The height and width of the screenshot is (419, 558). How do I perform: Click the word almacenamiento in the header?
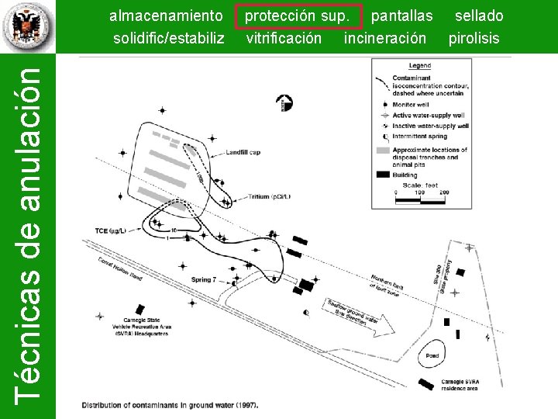[166, 16]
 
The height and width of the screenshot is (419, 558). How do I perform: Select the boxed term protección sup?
[302, 16]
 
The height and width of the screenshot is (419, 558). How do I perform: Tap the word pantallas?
[401, 16]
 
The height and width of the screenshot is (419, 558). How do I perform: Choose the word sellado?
[478, 16]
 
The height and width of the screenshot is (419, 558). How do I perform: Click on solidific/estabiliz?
[168, 37]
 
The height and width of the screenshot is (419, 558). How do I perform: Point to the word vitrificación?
[284, 37]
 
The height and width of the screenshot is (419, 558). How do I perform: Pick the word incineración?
[385, 37]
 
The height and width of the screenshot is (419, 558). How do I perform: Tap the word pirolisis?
[474, 37]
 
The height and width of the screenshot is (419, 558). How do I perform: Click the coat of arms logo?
[28, 27]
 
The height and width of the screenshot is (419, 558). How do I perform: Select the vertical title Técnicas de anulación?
[29, 233]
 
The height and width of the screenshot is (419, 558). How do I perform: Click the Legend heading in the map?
[419, 66]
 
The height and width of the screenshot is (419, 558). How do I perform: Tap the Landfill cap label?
[243, 151]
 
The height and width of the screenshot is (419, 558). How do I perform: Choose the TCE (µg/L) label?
[111, 230]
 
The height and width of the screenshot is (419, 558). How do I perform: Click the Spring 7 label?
[204, 279]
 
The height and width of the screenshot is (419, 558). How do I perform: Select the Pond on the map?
[432, 355]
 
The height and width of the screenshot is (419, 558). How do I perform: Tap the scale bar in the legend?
[420, 199]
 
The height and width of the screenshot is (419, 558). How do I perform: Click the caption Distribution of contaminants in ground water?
[170, 404]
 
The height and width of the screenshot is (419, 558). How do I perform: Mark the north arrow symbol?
[285, 102]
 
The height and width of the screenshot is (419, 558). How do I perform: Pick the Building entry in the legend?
[404, 175]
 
